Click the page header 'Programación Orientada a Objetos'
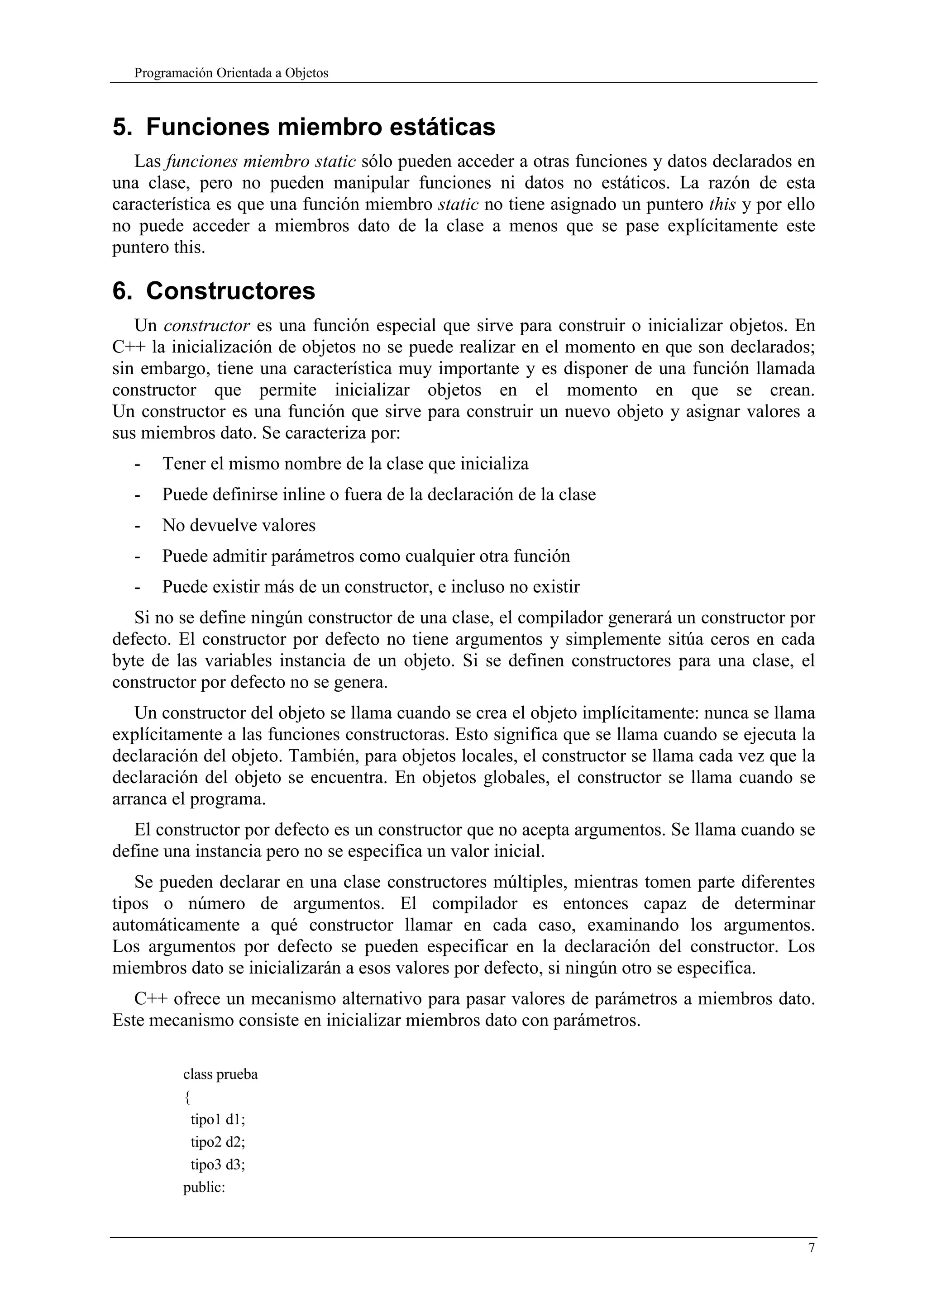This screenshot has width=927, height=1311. pyautogui.click(x=231, y=73)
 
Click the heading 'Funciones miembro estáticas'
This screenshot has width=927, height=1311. pyautogui.click(x=320, y=127)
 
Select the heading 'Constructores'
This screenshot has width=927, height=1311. pyautogui.click(x=230, y=291)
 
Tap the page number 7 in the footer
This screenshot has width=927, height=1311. pyautogui.click(x=811, y=1248)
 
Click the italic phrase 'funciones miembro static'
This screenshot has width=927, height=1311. pyautogui.click(x=260, y=161)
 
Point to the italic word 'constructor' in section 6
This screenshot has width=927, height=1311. pyautogui.click(x=207, y=326)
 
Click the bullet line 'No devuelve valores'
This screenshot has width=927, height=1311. pyautogui.click(x=239, y=525)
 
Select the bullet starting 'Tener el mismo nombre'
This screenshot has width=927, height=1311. pyautogui.click(x=345, y=464)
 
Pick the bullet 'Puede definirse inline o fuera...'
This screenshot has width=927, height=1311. pyautogui.click(x=379, y=494)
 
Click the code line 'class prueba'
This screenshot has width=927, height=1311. pyautogui.click(x=220, y=1074)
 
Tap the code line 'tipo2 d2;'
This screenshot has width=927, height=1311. pyautogui.click(x=218, y=1142)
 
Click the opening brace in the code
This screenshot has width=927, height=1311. pyautogui.click(x=186, y=1097)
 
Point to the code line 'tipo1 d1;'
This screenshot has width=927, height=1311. pyautogui.click(x=218, y=1120)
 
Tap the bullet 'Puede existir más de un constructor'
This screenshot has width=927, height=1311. pyautogui.click(x=371, y=587)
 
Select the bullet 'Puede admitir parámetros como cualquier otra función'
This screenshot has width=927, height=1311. pyautogui.click(x=366, y=556)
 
